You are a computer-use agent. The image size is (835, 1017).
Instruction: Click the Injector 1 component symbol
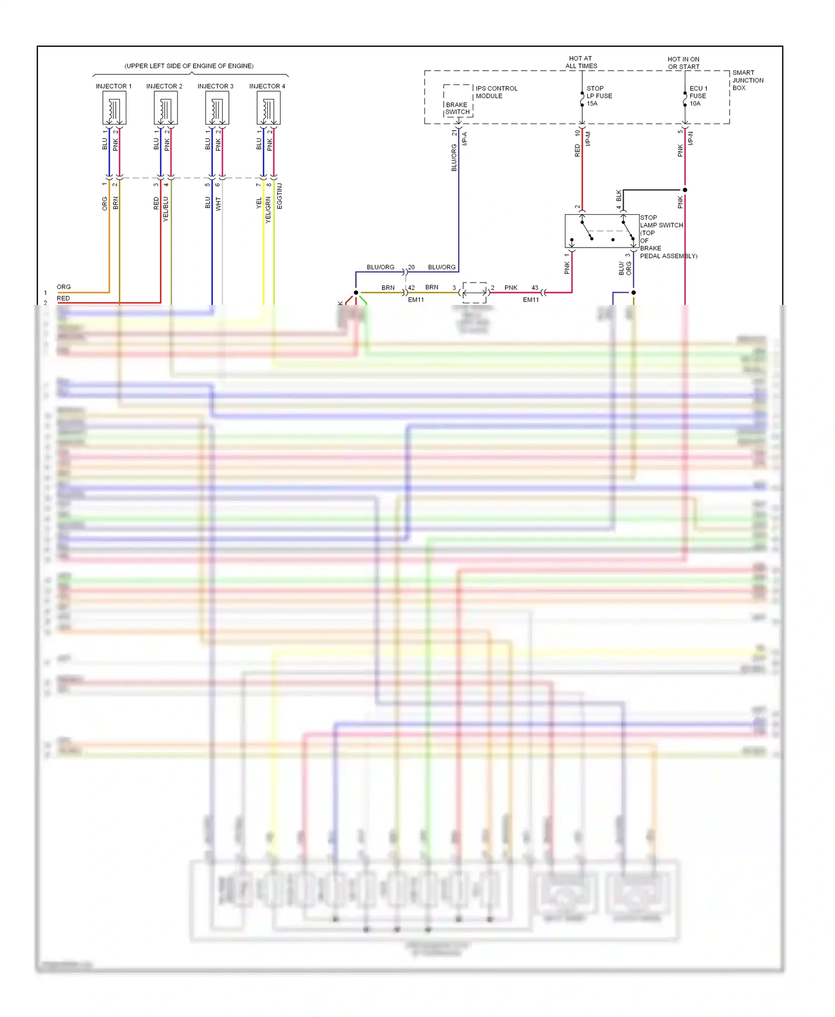click(114, 108)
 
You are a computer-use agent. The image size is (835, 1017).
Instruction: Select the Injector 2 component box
click(165, 108)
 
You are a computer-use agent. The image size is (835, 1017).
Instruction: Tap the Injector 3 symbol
click(217, 108)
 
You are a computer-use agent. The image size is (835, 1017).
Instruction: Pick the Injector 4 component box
click(268, 108)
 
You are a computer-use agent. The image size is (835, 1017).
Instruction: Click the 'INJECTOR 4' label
click(267, 86)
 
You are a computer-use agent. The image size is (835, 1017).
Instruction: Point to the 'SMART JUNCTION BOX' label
click(747, 80)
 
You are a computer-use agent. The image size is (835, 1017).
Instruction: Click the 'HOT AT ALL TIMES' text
click(581, 62)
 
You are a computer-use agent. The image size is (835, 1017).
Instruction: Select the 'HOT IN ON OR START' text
click(684, 63)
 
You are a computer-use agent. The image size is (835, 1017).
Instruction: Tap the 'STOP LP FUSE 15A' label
click(599, 96)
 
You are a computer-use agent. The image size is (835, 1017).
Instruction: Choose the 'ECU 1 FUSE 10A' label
click(698, 96)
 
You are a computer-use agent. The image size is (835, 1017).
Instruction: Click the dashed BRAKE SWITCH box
click(458, 101)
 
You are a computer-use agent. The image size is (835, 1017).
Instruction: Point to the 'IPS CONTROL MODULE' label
click(496, 92)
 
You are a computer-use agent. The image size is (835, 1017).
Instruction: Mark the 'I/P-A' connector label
click(465, 139)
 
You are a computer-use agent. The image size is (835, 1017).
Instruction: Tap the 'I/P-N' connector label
click(691, 139)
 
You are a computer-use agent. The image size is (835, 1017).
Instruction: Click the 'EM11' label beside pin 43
click(531, 300)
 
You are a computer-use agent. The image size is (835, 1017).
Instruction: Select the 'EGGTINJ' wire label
click(279, 196)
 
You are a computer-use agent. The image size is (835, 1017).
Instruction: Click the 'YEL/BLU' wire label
click(165, 209)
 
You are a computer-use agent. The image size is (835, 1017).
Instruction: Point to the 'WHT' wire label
click(218, 204)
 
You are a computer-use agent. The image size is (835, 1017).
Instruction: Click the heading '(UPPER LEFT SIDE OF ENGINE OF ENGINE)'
click(189, 66)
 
